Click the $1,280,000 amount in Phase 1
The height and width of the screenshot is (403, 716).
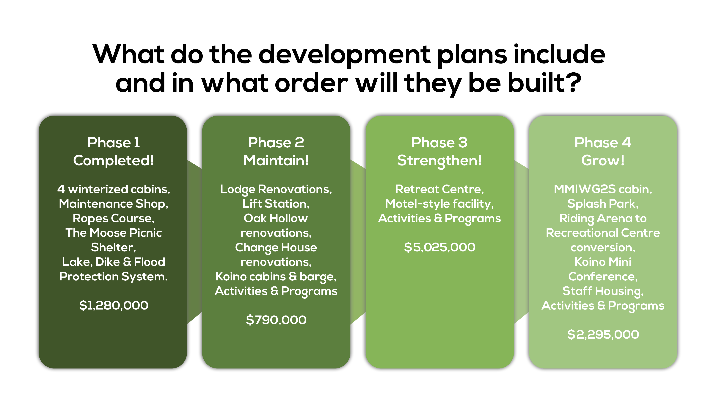coord(114,305)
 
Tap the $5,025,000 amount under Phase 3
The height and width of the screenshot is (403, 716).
coord(439,247)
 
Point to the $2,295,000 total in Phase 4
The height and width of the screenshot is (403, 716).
coord(603,334)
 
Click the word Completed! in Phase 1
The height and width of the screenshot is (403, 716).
coord(113,160)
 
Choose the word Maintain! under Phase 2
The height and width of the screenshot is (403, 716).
coord(276,160)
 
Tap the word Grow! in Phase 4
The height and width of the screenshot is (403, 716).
coord(603,160)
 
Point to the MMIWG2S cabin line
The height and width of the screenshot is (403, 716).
coord(603,189)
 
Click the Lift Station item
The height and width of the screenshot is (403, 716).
coord(276,204)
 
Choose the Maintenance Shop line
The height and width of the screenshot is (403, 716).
coord(113,204)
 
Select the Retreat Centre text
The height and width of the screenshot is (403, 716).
coord(439,189)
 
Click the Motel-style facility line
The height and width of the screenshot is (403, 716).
coord(439,204)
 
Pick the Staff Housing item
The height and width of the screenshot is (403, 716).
coord(603,291)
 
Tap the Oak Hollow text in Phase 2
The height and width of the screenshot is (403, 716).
coord(276,218)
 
